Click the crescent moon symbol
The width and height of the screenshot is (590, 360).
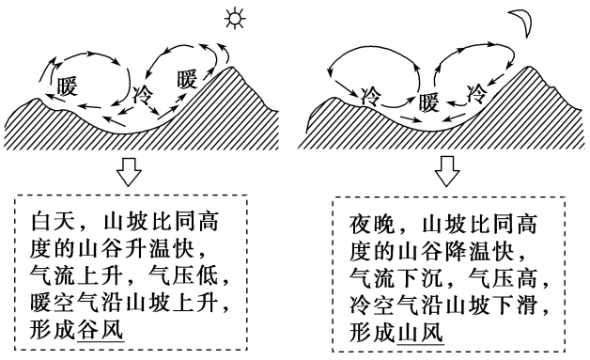pos(521,19)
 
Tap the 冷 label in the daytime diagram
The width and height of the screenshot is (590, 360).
pos(144,95)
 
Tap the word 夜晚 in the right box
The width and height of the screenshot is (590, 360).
pos(371,226)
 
